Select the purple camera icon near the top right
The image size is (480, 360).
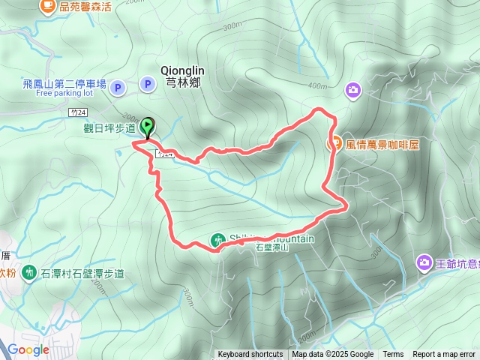click(x=353, y=91)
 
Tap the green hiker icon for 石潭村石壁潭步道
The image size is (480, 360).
click(x=28, y=271)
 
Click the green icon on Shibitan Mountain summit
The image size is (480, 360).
click(x=217, y=241)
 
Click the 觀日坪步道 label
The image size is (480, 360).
click(x=109, y=128)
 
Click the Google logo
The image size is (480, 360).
click(x=28, y=349)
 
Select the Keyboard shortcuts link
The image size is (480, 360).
click(x=250, y=355)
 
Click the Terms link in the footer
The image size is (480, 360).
click(x=393, y=355)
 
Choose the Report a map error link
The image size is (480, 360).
click(x=444, y=355)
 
